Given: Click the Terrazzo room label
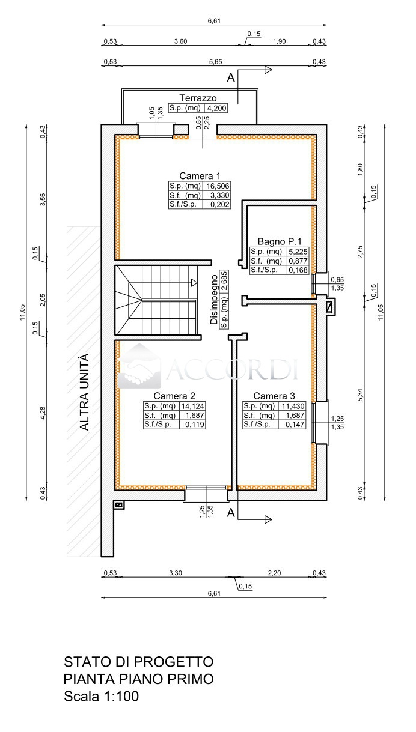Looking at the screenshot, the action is (198, 98).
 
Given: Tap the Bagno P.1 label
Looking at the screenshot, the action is (280, 241).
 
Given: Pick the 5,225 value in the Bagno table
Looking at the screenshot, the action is (298, 252).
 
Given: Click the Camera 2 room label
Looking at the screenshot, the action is (174, 396).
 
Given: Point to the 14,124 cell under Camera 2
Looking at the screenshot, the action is (193, 406).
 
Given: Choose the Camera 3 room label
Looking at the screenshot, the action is (274, 396).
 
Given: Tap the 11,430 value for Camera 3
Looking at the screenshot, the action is (293, 406).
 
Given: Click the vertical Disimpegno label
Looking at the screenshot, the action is (214, 299).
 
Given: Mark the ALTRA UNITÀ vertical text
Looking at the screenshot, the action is (84, 392).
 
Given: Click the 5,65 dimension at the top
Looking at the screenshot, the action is (216, 62).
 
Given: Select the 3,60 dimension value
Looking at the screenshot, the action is (180, 41).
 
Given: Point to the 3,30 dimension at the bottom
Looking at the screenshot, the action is (176, 573).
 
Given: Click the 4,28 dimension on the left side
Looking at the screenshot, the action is (43, 413).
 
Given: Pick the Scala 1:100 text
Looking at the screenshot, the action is (102, 696).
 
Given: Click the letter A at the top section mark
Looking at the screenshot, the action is (231, 78).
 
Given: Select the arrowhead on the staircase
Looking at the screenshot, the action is (194, 283).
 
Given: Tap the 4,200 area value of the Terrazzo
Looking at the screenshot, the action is (216, 108).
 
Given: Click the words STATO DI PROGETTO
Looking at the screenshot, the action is (139, 662).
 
